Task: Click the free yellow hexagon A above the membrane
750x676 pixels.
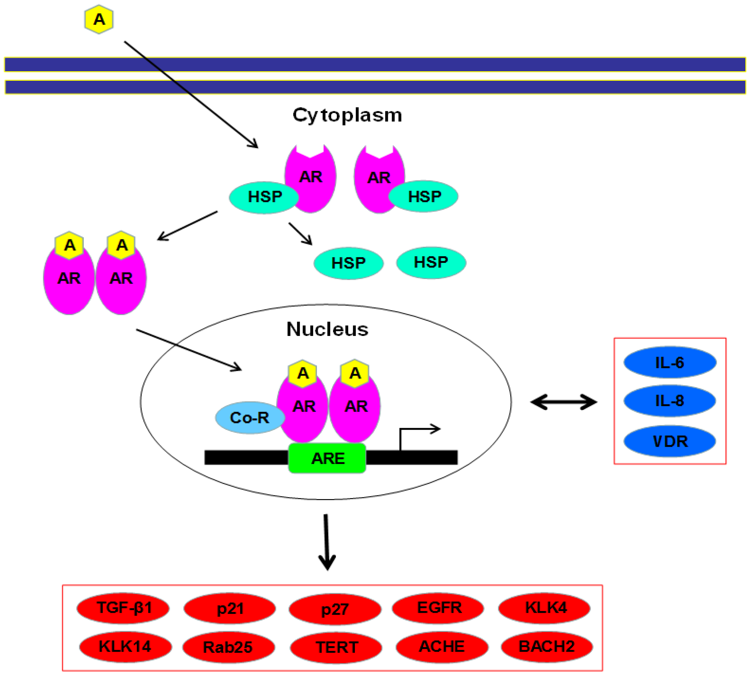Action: (x=99, y=19)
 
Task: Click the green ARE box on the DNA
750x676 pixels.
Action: (x=327, y=458)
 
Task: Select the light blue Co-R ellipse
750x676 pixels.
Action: (x=250, y=417)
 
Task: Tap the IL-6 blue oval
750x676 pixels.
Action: (x=669, y=363)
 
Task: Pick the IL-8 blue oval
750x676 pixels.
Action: (x=669, y=401)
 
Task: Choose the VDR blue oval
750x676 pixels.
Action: (x=669, y=441)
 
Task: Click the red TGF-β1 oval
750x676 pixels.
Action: (x=123, y=608)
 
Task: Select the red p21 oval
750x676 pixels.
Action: (x=230, y=608)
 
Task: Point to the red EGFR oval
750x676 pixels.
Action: (x=438, y=608)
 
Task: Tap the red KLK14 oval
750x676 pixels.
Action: (x=126, y=647)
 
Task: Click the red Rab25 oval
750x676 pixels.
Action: (x=228, y=647)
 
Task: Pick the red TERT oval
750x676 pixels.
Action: (x=336, y=647)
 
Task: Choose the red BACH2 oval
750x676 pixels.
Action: (x=547, y=647)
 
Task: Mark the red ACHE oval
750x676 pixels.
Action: (x=441, y=647)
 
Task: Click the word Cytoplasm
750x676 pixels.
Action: (x=347, y=115)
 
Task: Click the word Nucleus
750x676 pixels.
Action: (x=327, y=329)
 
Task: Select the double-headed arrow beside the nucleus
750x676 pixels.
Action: (x=563, y=402)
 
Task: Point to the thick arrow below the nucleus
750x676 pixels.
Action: (x=326, y=542)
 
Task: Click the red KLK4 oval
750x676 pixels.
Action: (x=545, y=608)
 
